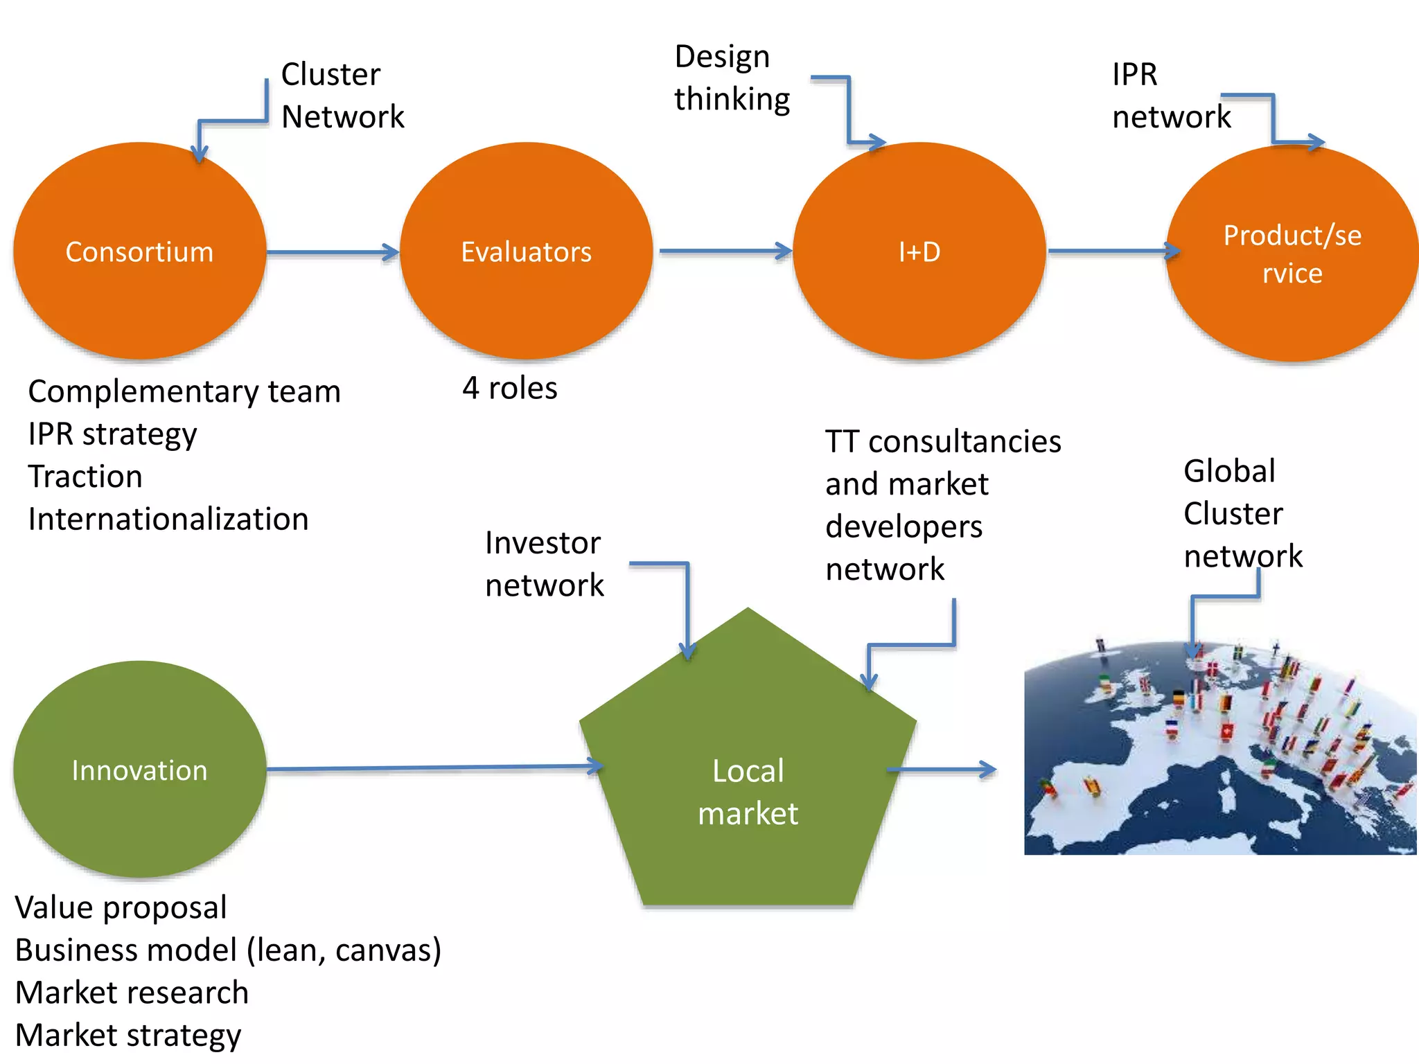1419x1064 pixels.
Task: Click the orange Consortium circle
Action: pyautogui.click(x=139, y=251)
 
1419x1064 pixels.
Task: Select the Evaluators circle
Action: pyautogui.click(x=526, y=251)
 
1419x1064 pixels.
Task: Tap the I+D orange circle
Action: pyautogui.click(x=919, y=251)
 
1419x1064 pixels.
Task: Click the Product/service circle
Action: pyautogui.click(x=1292, y=254)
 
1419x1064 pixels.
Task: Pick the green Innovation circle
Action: pyautogui.click(x=139, y=770)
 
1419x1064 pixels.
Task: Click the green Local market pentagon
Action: pyautogui.click(x=748, y=790)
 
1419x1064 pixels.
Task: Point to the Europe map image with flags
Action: pyautogui.click(x=1219, y=748)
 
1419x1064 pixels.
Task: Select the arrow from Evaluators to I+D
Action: pyautogui.click(x=724, y=251)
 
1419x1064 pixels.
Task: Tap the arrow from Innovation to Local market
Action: pyautogui.click(x=433, y=768)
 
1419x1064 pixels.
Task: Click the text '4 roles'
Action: pyautogui.click(x=509, y=388)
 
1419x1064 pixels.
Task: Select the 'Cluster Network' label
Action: pyautogui.click(x=342, y=95)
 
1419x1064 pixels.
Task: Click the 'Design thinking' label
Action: pyautogui.click(x=731, y=78)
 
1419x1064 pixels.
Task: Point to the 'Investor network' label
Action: pyautogui.click(x=544, y=564)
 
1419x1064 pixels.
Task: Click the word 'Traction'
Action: pyautogui.click(x=85, y=477)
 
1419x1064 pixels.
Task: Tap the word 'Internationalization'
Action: pyautogui.click(x=168, y=519)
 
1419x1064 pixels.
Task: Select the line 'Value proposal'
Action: pyautogui.click(x=121, y=907)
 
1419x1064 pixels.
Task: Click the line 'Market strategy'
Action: pyautogui.click(x=128, y=1035)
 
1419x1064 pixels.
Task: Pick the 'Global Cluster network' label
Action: pyautogui.click(x=1242, y=513)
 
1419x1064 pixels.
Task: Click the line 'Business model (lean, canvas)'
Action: pyautogui.click(x=228, y=950)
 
